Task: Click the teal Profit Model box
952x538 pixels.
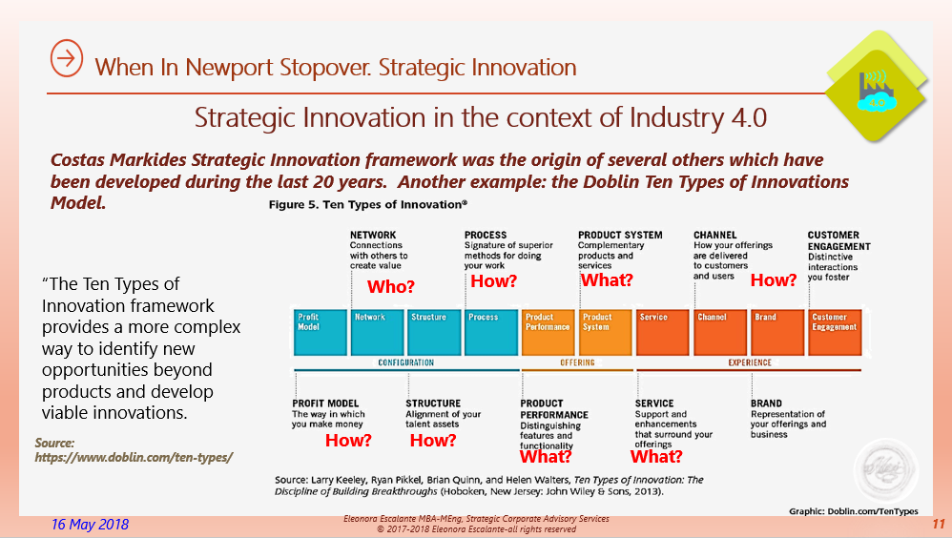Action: tap(320, 331)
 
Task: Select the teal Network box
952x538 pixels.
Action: tap(377, 331)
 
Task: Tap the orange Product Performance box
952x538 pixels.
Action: tap(548, 331)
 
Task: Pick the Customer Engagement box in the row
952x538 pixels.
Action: tap(835, 331)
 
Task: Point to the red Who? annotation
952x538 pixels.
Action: tap(391, 286)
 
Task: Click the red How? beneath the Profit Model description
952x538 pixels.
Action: tap(348, 441)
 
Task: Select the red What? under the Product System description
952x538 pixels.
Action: tap(607, 280)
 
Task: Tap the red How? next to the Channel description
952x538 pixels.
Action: tap(773, 280)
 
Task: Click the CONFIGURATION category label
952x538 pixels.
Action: tap(406, 362)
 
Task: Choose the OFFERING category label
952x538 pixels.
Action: tap(577, 362)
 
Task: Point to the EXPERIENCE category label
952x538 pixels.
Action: tap(750, 362)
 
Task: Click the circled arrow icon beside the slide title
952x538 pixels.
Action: tap(66, 59)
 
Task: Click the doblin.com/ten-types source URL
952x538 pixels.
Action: tap(134, 457)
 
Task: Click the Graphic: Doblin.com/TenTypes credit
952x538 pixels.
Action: tap(852, 511)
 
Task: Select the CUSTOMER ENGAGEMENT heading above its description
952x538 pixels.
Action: tap(833, 239)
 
